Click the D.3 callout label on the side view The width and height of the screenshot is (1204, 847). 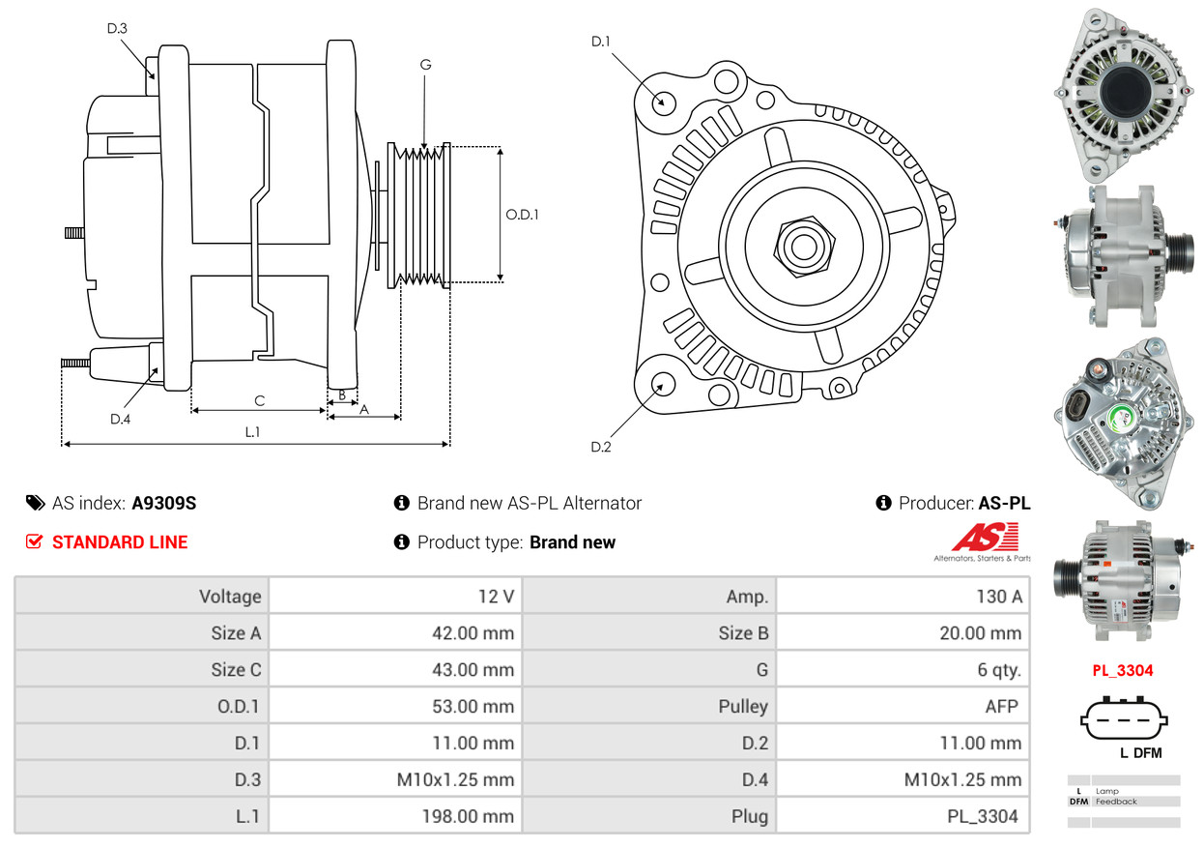[117, 28]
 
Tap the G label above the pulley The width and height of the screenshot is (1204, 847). [425, 65]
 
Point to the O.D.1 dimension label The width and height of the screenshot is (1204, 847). [522, 215]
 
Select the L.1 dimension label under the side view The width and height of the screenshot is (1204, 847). [252, 432]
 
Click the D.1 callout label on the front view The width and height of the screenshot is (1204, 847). [600, 42]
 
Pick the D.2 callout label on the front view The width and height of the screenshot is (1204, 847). [600, 447]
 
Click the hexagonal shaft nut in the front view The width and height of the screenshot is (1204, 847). [804, 247]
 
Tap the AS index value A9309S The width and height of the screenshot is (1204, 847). [164, 504]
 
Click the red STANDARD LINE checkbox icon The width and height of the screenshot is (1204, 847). [34, 541]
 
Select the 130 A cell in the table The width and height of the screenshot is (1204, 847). [999, 597]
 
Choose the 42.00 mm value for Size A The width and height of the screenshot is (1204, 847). [473, 633]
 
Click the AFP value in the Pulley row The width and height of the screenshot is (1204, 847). [1001, 706]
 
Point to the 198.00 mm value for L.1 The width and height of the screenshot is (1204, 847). [468, 816]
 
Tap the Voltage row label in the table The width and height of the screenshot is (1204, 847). [230, 597]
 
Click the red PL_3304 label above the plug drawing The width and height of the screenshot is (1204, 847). [1123, 671]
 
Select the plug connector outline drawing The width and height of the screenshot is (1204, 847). [1124, 718]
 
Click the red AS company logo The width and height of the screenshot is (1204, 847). [985, 538]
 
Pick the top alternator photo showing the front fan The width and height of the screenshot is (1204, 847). [1124, 94]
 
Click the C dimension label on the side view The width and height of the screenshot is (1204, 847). [260, 400]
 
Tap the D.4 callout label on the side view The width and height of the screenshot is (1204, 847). [121, 419]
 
